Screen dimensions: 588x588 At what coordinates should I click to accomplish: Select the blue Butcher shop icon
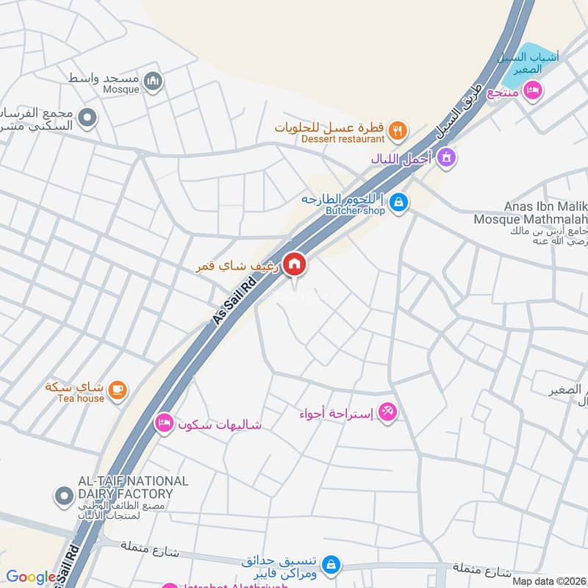[x=398, y=201]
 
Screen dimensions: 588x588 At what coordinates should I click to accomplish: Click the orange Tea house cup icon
[x=117, y=389]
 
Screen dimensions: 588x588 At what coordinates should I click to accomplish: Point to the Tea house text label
[x=81, y=398]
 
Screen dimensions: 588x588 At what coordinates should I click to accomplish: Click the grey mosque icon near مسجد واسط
[x=153, y=82]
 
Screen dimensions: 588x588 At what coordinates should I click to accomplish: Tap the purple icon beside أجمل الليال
[x=445, y=157]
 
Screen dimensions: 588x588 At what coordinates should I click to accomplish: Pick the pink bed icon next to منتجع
[x=532, y=90]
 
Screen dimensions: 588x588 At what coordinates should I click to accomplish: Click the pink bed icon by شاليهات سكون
[x=163, y=423]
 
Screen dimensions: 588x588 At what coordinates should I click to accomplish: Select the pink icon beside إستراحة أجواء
[x=388, y=412]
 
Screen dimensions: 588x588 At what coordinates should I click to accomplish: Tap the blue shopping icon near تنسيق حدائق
[x=331, y=564]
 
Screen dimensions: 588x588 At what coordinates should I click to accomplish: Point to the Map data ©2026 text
[x=548, y=581]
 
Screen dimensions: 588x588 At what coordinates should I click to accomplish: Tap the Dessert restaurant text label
[x=343, y=139]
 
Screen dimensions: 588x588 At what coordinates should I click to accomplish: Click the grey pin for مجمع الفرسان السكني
[x=88, y=118]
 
